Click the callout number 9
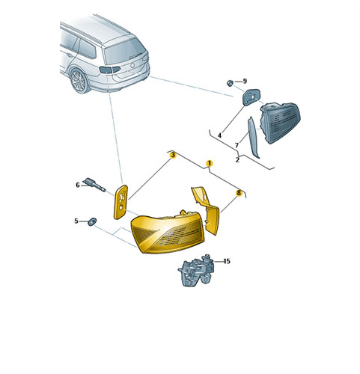[245, 81]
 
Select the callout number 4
[219, 135]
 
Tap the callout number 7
[237, 145]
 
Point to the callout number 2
[237, 159]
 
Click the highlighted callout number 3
[173, 155]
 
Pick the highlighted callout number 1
[210, 163]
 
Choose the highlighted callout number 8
[239, 192]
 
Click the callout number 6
[78, 185]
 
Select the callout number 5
[76, 221]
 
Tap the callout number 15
[227, 261]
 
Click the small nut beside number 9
[230, 83]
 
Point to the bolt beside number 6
[95, 185]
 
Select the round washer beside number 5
[92, 221]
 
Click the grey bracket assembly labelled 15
[196, 271]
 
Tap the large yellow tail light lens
[168, 232]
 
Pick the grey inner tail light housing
[280, 122]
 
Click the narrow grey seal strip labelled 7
[252, 137]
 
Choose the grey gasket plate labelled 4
[251, 97]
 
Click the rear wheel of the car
[79, 80]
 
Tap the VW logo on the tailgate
[132, 66]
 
